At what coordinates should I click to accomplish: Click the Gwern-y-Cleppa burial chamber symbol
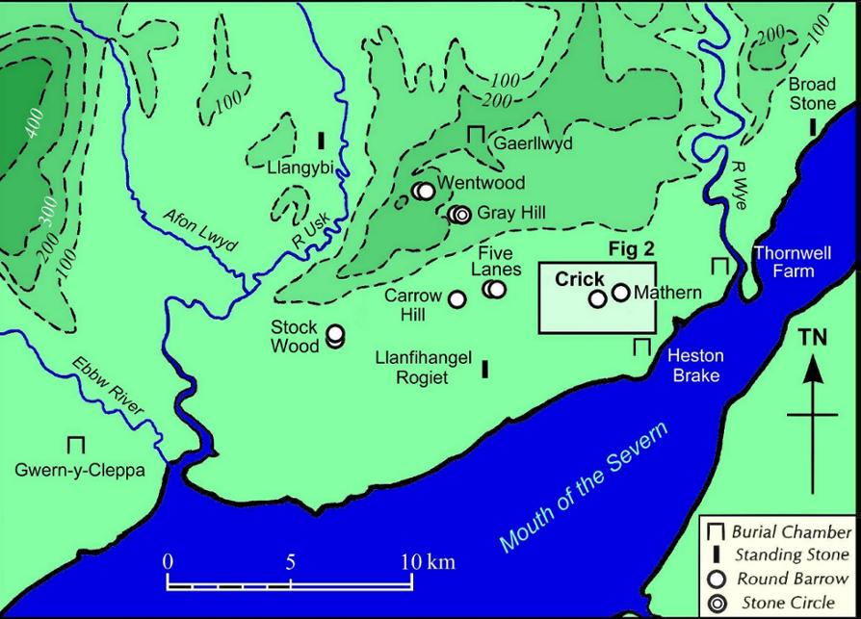click(76, 445)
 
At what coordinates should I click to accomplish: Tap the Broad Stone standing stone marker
click(813, 126)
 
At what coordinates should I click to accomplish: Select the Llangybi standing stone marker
click(321, 140)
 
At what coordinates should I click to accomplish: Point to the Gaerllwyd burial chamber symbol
click(476, 136)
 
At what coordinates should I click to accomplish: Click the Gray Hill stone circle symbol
click(461, 214)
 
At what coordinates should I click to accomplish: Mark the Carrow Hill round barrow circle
click(457, 298)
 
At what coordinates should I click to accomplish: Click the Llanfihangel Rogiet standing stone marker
click(484, 367)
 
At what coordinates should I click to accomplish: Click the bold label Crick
click(580, 279)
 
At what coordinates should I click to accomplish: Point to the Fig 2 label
click(632, 249)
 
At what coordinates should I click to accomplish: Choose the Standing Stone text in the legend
click(792, 555)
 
